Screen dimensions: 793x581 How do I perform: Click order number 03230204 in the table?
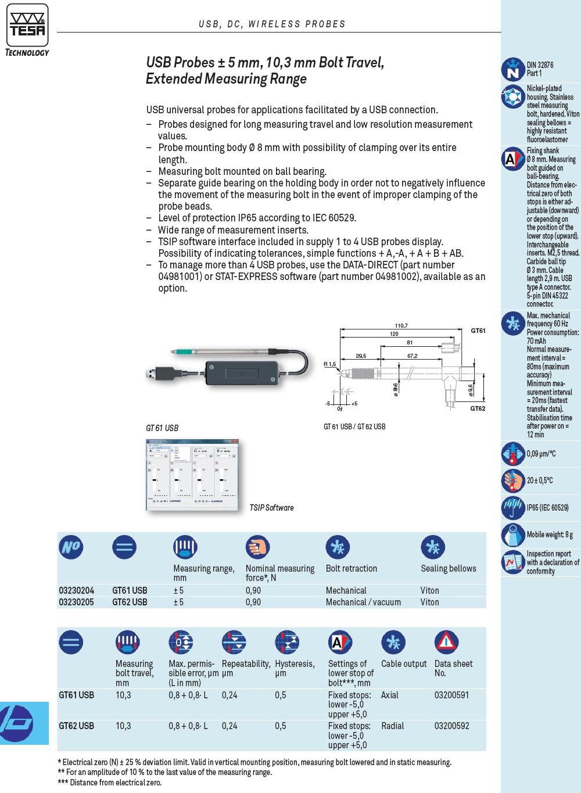tap(76, 590)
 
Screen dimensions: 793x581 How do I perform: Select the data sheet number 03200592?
tap(451, 726)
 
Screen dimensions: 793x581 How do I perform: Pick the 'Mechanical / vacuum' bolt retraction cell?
tap(363, 602)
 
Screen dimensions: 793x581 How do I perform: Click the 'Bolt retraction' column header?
tap(351, 568)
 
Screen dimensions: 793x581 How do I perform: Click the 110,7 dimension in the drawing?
tap(401, 326)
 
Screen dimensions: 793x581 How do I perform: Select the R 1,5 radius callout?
tap(329, 364)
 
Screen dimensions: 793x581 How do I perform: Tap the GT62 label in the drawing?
tap(478, 408)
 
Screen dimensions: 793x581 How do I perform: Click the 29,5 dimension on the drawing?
tap(361, 356)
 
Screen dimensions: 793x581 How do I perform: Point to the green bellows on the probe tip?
tap(185, 351)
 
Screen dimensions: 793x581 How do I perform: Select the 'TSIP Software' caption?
tap(271, 508)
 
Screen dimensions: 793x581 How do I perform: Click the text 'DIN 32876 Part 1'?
tap(540, 69)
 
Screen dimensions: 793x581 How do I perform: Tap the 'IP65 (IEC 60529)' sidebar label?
tap(547, 508)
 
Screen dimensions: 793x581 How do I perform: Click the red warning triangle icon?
tap(446, 642)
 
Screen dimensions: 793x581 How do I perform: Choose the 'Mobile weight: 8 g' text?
tap(550, 534)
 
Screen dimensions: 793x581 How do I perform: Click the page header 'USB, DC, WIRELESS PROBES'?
tap(272, 24)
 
